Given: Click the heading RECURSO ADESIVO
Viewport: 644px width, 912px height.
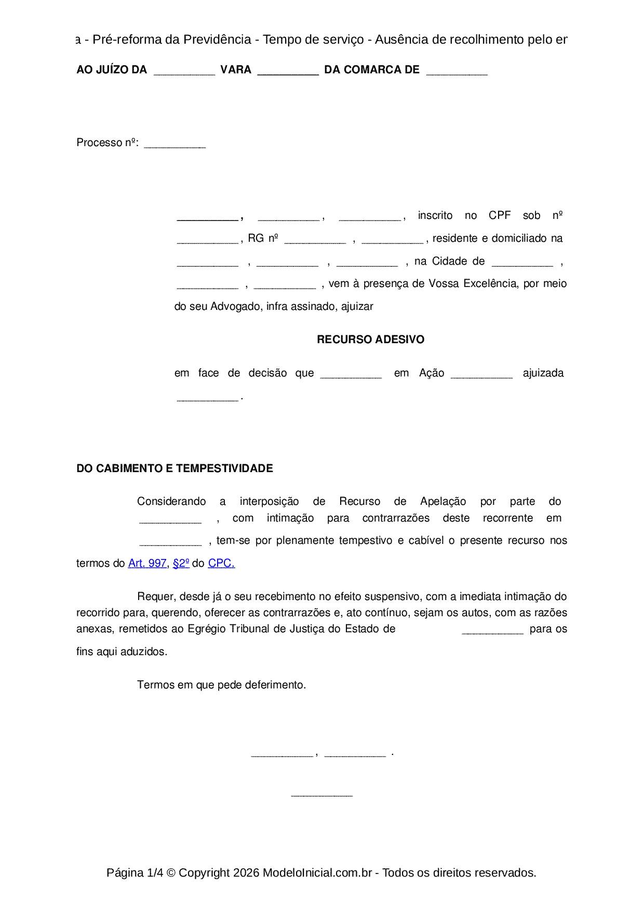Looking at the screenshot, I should (370, 340).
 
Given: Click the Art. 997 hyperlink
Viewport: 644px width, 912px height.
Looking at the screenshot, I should (147, 563).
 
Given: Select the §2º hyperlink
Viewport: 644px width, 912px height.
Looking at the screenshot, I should (181, 563).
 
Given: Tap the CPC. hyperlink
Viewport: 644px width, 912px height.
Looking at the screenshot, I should (221, 563).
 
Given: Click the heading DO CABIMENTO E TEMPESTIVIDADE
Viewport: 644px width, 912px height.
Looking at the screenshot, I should (175, 468).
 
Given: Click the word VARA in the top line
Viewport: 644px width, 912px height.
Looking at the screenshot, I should (236, 70).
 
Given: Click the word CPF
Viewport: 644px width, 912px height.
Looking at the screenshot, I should (500, 215).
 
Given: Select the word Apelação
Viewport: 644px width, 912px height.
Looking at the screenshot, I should (443, 501).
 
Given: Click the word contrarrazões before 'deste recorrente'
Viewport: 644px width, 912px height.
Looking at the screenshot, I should (396, 518).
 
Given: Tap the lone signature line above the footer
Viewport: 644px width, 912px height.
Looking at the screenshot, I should (322, 794).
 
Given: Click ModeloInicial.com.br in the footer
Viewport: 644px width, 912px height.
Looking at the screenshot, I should (317, 872).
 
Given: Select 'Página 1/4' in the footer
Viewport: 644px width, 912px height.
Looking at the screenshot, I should (135, 872).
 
